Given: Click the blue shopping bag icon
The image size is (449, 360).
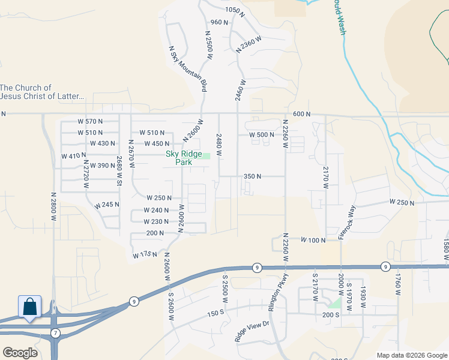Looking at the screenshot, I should (x=30, y=307).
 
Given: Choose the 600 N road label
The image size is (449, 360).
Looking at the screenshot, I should (x=302, y=114).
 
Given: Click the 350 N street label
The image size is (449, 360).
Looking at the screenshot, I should (x=252, y=176).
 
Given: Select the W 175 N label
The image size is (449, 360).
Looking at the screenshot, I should (x=145, y=255).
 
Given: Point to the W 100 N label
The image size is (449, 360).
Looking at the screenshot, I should (x=313, y=240).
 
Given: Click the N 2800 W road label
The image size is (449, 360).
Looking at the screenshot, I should (x=53, y=206).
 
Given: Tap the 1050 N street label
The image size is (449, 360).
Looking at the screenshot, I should (x=235, y=10).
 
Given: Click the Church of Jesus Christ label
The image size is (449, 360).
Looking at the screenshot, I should (x=42, y=92).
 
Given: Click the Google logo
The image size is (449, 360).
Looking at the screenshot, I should (x=20, y=353).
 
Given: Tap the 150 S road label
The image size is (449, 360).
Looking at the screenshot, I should (x=215, y=314).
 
